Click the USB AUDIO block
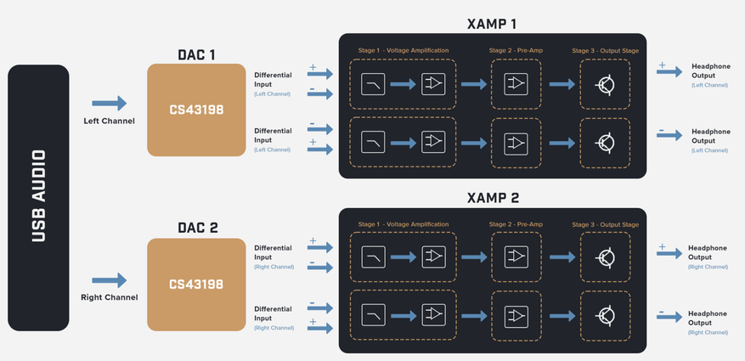(x=38, y=197)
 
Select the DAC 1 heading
(x=196, y=54)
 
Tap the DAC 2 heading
(x=196, y=228)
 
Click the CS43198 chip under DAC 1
(x=196, y=110)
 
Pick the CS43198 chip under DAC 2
(x=196, y=285)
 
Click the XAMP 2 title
(x=492, y=197)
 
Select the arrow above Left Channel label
(x=109, y=104)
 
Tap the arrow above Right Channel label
(x=109, y=280)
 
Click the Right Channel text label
(x=109, y=297)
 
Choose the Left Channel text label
(x=109, y=121)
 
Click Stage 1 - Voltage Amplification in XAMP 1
(x=403, y=50)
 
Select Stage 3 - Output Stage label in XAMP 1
(x=605, y=50)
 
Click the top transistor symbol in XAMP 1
(x=606, y=84)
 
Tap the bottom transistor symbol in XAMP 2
(x=606, y=316)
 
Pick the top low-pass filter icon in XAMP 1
(x=373, y=84)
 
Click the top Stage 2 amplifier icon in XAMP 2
(x=515, y=257)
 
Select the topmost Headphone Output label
(x=710, y=71)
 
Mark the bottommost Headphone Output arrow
(x=669, y=316)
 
